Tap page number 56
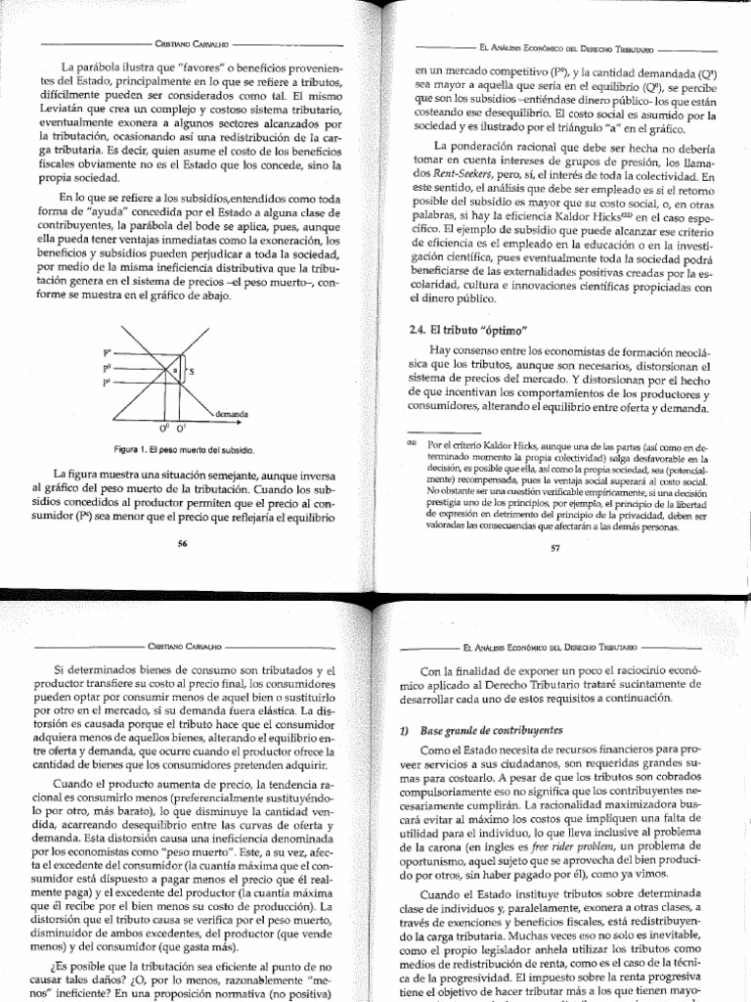pyautogui.click(x=182, y=544)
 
